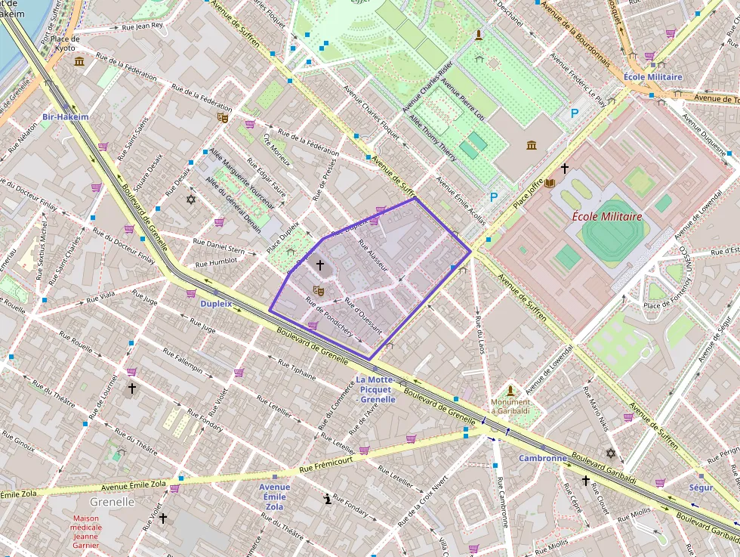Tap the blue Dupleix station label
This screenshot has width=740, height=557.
216,303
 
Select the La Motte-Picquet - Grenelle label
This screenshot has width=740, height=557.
376,389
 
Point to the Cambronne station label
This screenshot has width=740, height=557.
542,458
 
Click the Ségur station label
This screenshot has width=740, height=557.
701,487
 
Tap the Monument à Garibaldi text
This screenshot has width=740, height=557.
510,407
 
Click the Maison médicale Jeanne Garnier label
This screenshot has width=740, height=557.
86,532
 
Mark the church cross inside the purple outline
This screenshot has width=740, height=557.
319,265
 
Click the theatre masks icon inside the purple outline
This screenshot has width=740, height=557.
319,290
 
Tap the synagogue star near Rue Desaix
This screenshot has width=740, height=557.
190,200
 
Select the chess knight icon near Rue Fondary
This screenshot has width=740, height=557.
327,498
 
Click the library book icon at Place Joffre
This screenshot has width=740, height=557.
550,184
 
